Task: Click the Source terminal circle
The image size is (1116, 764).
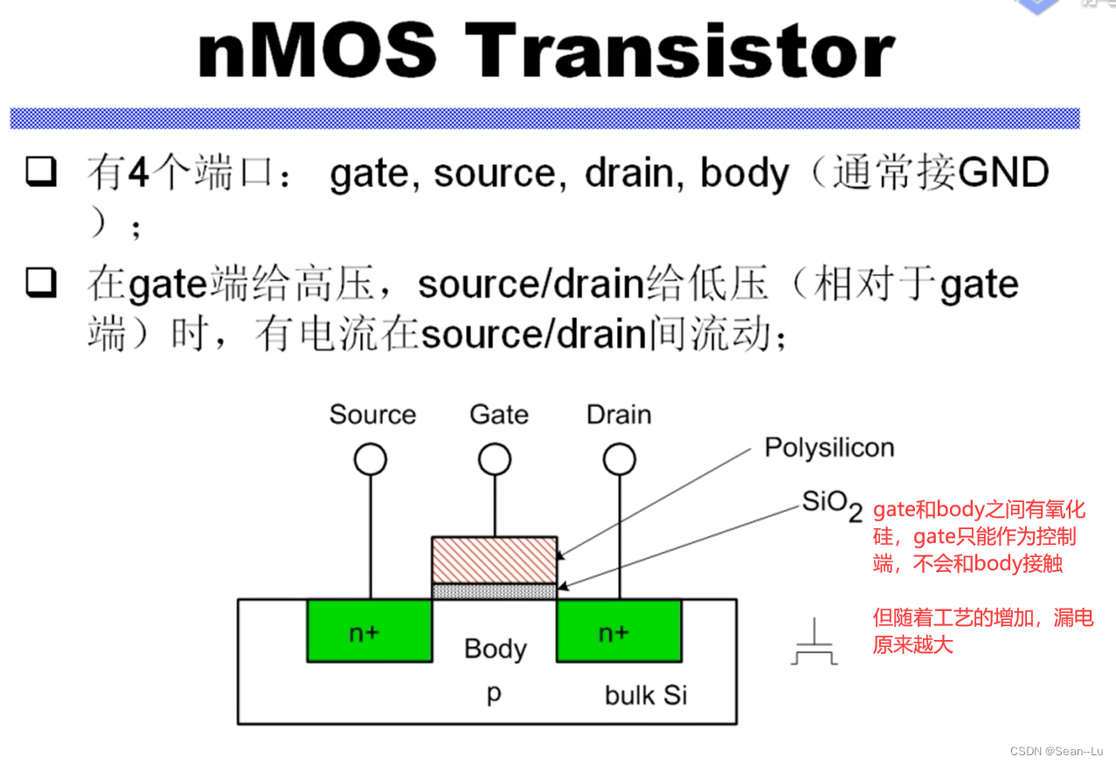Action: (371, 459)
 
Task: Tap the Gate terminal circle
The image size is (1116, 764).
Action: (496, 459)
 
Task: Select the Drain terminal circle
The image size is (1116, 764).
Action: (620, 459)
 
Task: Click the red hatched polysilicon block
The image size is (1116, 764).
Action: (495, 560)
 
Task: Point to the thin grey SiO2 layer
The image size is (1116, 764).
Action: (495, 591)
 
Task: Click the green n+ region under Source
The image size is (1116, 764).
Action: (370, 630)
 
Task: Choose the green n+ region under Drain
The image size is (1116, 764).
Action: (619, 630)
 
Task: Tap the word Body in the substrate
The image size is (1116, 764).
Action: (496, 649)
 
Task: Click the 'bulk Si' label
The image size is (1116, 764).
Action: (646, 695)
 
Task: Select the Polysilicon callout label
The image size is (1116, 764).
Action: (829, 448)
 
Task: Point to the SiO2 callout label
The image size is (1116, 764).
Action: (831, 504)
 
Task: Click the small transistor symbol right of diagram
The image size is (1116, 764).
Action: (814, 644)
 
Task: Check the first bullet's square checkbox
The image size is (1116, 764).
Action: (41, 173)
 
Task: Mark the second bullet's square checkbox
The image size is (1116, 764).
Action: (41, 283)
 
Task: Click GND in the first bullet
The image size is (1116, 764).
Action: (1003, 173)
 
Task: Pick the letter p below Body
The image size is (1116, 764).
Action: (494, 695)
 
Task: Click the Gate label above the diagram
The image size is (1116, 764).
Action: (499, 414)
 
